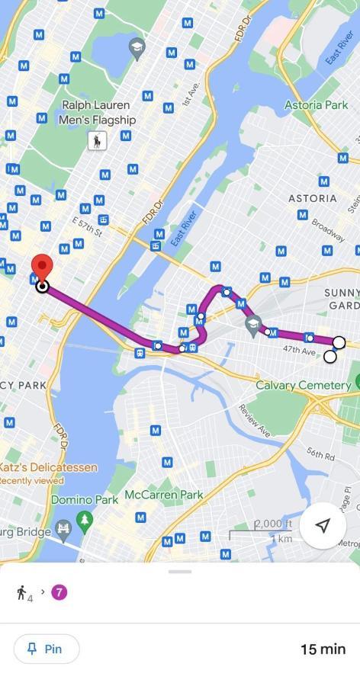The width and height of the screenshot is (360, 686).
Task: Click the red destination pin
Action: click(41, 268)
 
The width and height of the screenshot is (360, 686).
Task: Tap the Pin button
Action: click(47, 649)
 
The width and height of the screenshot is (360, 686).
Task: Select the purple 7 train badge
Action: click(59, 591)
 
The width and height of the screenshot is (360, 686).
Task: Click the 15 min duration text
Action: click(323, 649)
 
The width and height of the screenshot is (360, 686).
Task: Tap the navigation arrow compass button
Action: click(323, 526)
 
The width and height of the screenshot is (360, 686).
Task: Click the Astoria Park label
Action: click(316, 104)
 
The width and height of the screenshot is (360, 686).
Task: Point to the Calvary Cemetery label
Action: click(303, 385)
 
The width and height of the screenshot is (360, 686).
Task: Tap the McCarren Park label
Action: click(165, 495)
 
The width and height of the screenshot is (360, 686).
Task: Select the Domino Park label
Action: click(84, 500)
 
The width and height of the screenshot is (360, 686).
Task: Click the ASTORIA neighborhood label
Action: click(312, 198)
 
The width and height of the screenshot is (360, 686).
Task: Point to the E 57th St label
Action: click(87, 226)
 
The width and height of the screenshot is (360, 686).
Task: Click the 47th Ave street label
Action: click(298, 350)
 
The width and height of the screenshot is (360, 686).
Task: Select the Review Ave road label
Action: click(254, 420)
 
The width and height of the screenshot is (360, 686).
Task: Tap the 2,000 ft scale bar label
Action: click(273, 524)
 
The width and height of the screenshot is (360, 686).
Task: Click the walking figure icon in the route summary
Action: click(21, 591)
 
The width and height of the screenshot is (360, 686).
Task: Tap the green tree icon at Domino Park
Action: click(85, 521)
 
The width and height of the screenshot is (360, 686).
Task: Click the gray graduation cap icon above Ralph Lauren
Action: click(137, 47)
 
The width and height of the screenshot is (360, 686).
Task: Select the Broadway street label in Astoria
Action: click(327, 230)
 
